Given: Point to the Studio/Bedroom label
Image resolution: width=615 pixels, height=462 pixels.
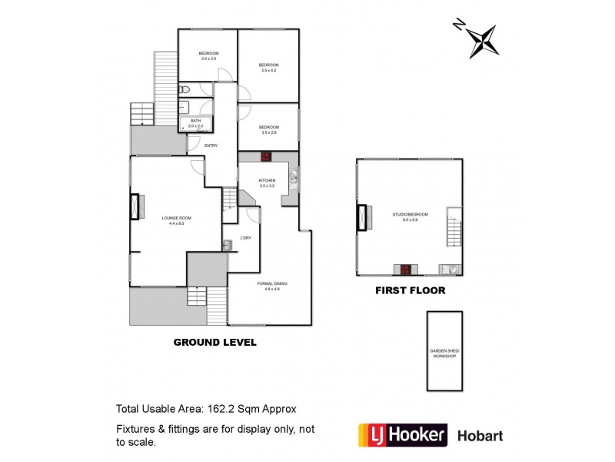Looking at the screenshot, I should point(410,216).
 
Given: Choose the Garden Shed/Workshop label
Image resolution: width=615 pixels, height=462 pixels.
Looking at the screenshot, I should point(444,353).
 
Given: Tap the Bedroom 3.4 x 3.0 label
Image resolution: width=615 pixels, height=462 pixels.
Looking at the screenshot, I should point(208,55).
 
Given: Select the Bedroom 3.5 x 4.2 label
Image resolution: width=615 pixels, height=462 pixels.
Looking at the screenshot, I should point(268,67).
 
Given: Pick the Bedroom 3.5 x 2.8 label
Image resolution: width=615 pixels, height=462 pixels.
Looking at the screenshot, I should point(268,129).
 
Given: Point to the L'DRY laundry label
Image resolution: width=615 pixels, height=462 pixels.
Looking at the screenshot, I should point(246,237).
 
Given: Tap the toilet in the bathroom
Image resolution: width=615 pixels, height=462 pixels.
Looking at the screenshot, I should point(184,91).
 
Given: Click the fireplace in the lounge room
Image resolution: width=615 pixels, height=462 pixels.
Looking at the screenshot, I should point(137,208).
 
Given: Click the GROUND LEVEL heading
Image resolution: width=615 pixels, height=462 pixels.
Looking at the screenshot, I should point(214,342).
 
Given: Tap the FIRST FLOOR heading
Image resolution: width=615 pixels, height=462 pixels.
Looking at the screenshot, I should point(410,291).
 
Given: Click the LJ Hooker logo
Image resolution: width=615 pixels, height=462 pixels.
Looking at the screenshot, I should point(403,435).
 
